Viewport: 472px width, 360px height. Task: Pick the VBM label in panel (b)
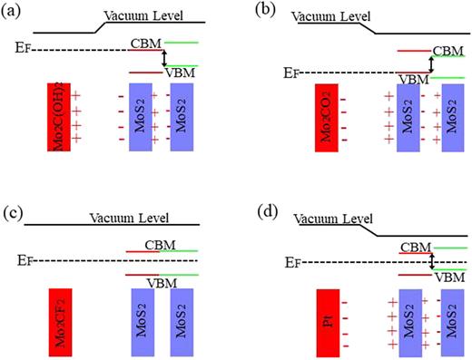pyautogui.click(x=413, y=79)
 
